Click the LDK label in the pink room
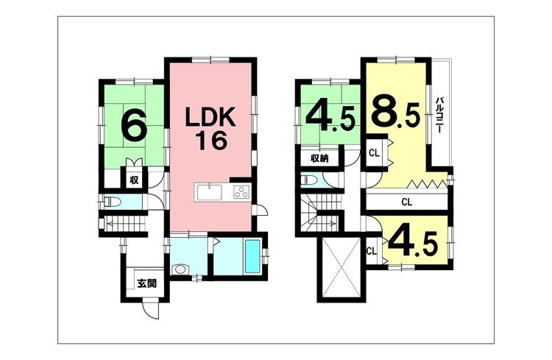click(x=210, y=118)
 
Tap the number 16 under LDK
click(x=211, y=141)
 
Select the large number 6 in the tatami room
click(x=133, y=124)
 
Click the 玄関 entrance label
click(x=146, y=283)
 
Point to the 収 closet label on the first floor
click(x=134, y=180)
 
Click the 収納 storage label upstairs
click(x=319, y=158)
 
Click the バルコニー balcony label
click(x=439, y=114)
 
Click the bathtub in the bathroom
click(x=252, y=256)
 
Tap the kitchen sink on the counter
click(x=210, y=193)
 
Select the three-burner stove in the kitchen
click(x=242, y=193)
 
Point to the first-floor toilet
click(x=113, y=202)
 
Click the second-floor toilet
click(x=309, y=180)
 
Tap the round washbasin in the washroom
click(x=180, y=269)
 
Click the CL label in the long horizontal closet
click(x=406, y=202)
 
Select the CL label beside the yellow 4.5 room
click(x=372, y=252)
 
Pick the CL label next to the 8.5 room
click(x=374, y=153)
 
